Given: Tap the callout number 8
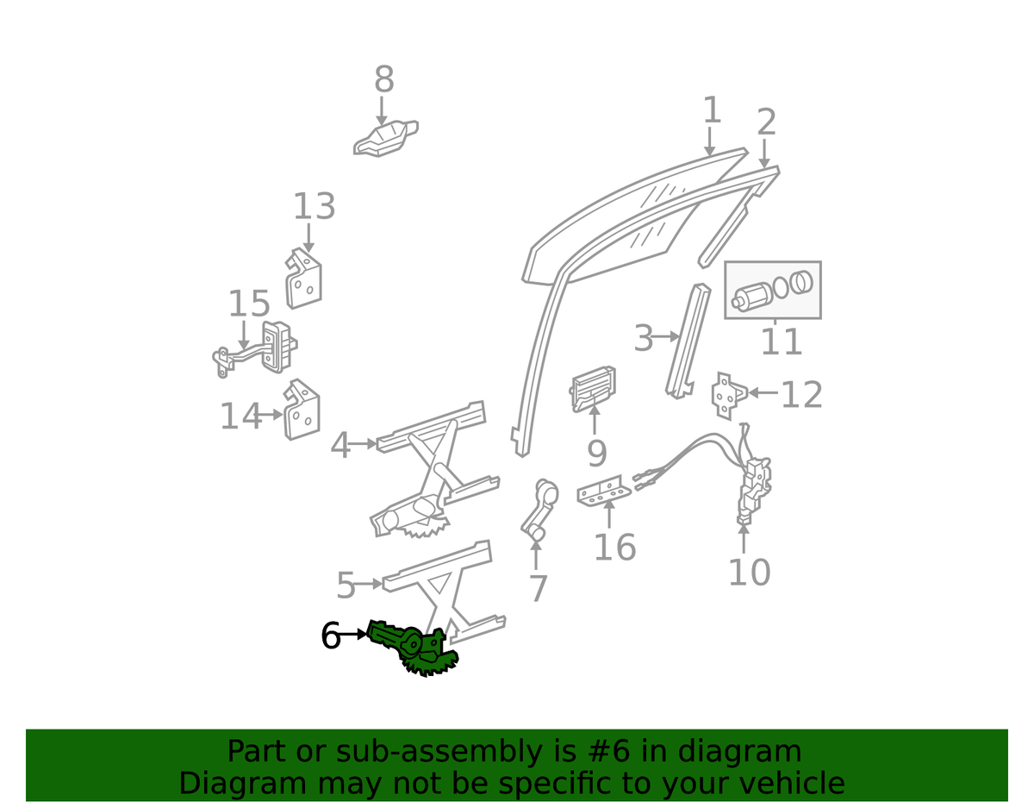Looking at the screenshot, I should point(384,80).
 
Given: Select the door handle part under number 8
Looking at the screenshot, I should point(384,140).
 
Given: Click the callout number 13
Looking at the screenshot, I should point(314,207).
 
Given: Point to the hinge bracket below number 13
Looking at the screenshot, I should point(303,279).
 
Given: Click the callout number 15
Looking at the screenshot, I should point(249,304).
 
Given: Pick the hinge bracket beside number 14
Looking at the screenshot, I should point(301,412).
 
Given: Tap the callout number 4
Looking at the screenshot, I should point(341,446).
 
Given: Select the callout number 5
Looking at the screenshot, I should point(346,586).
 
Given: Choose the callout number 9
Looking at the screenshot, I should point(596,453).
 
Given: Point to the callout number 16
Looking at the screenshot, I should point(614,547).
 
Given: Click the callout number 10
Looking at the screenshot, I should point(749,572).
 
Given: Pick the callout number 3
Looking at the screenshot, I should point(644,339).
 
